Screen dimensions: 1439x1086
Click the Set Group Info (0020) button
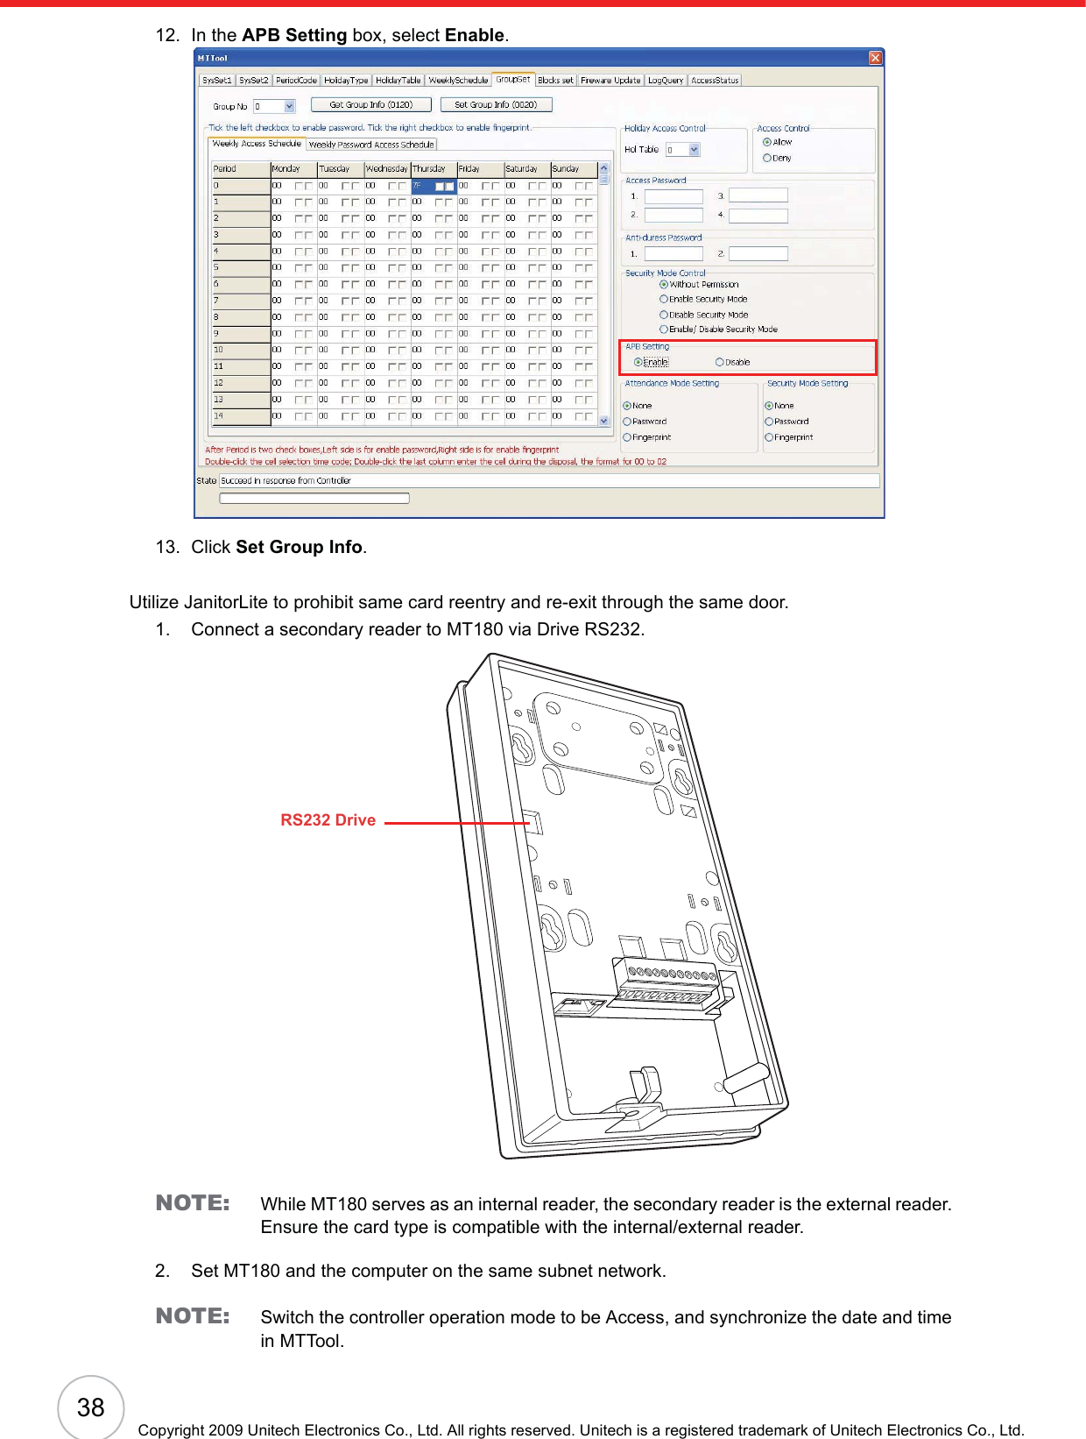pos(496,104)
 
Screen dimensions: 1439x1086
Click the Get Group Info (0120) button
pos(371,104)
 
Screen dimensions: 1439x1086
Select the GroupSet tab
pos(513,80)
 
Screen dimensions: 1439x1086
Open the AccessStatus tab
pos(715,81)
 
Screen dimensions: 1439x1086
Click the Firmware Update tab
pos(610,81)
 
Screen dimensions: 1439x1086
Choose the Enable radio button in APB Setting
pos(638,362)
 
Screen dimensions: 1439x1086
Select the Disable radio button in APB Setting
pos(720,362)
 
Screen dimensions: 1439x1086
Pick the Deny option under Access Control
pos(767,159)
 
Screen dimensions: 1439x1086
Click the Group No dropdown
pos(275,107)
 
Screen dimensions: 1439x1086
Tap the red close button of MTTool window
pos(875,58)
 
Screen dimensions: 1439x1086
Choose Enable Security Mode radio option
pos(664,300)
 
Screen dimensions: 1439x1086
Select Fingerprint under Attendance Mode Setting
pos(628,437)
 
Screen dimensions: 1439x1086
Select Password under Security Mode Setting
pos(769,422)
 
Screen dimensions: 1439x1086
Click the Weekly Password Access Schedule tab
pos(371,145)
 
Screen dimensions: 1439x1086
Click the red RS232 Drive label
pos(328,820)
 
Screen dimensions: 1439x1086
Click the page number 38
pos(90,1407)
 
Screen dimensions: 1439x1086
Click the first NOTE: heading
pos(193,1203)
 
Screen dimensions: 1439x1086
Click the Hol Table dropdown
pos(683,150)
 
